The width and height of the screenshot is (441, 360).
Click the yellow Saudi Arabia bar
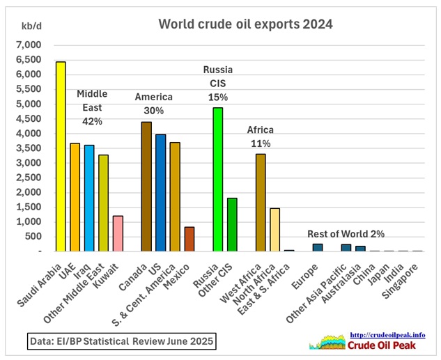(x=61, y=157)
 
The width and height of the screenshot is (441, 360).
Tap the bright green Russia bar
(x=218, y=179)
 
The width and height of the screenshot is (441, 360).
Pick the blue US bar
(x=161, y=192)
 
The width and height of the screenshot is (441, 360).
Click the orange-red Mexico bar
(x=189, y=239)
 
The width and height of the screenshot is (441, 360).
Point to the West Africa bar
(x=261, y=202)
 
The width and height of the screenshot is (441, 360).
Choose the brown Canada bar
(x=146, y=186)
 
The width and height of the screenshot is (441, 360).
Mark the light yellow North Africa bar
(x=274, y=229)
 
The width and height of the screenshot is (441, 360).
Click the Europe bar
(x=318, y=247)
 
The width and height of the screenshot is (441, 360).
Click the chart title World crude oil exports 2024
(x=245, y=24)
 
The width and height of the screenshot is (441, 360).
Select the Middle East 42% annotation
(x=92, y=107)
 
